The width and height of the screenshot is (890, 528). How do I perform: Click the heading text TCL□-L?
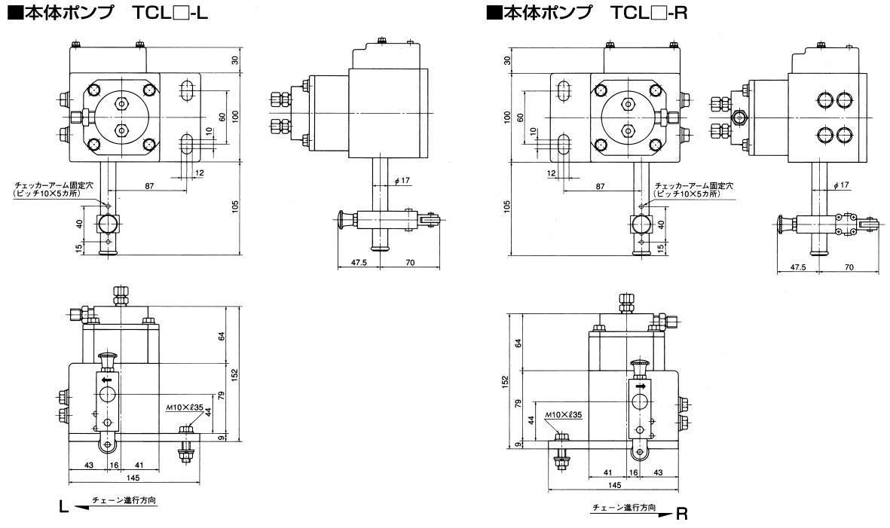pos(170,13)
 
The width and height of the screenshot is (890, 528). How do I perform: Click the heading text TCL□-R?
pos(649,13)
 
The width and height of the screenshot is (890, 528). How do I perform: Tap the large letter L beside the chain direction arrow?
pos(64,506)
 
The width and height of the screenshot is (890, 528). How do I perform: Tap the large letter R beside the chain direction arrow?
pos(682,514)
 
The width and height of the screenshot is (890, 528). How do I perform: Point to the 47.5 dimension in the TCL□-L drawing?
pos(358,263)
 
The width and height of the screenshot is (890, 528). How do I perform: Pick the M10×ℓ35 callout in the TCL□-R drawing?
pos(562,414)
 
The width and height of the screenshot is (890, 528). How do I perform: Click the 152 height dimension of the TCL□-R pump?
pos(505,382)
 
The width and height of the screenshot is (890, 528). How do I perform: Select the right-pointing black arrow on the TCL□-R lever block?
pos(641,386)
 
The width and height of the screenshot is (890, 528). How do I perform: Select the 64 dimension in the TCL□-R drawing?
pos(517,343)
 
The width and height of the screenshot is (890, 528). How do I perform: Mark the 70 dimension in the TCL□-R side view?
pos(849,267)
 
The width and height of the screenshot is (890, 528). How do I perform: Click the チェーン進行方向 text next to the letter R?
pos(624,507)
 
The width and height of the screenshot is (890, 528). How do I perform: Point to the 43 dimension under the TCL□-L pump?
pos(88,465)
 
